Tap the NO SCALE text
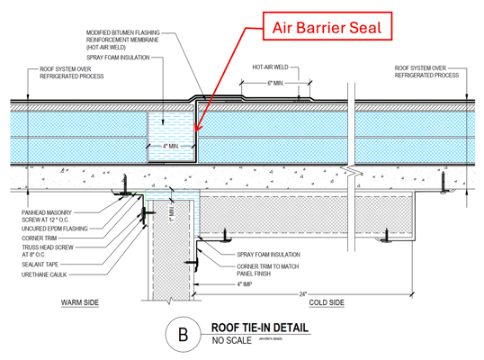click(x=232, y=342)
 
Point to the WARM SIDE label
click(x=79, y=303)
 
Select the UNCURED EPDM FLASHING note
click(x=55, y=229)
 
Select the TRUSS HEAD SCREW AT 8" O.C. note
click(x=47, y=251)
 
